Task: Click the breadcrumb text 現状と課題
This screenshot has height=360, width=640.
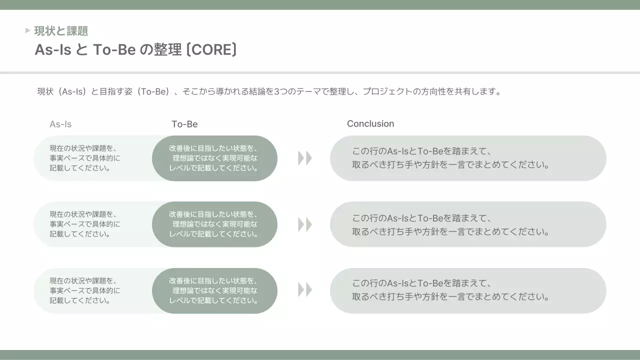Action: (61, 31)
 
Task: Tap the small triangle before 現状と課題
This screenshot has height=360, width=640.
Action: (27, 31)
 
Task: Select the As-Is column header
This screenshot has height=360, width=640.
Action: (60, 124)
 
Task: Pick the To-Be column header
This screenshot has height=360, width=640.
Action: (184, 124)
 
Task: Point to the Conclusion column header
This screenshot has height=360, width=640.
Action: (370, 123)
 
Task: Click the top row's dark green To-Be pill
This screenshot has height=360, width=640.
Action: (214, 158)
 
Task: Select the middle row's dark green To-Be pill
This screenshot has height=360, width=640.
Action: (214, 224)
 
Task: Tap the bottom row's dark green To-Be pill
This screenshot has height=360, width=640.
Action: (214, 290)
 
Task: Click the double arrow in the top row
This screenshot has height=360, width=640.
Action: (304, 158)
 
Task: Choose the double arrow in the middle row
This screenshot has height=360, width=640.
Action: (304, 224)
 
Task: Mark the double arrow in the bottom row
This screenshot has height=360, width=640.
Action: (304, 290)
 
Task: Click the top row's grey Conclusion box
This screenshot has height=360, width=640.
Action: (468, 158)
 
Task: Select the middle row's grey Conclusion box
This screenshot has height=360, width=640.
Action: (468, 224)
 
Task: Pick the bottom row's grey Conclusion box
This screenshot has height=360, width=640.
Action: (468, 290)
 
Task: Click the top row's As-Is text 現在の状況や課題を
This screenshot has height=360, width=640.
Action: (83, 148)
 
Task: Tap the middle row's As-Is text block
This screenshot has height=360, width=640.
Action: (85, 224)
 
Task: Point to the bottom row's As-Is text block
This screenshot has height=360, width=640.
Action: (85, 290)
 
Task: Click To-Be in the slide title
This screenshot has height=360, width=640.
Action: (114, 50)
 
